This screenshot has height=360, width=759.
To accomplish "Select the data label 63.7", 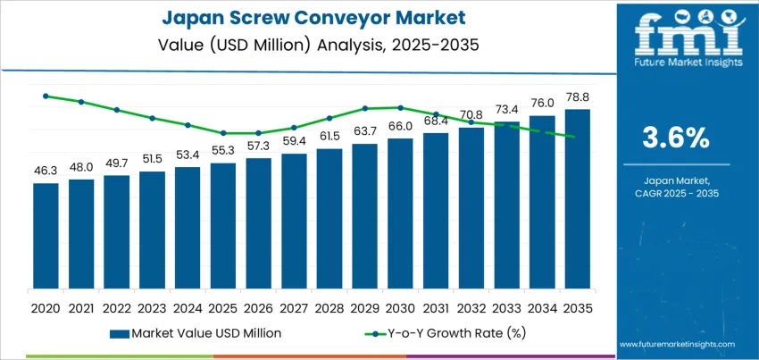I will tap(364, 132).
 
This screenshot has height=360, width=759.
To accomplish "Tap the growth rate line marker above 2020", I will tap(46, 96).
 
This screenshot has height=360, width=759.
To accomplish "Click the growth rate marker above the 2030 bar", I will tap(400, 107).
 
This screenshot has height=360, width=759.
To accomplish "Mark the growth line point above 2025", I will tap(223, 133).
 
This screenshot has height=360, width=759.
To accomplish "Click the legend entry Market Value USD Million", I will tap(196, 333).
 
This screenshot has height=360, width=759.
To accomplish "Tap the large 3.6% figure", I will tap(675, 138).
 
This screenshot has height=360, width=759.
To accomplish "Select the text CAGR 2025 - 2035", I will tap(675, 193).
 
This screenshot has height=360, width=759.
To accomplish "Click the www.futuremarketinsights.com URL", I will tap(676, 343).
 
